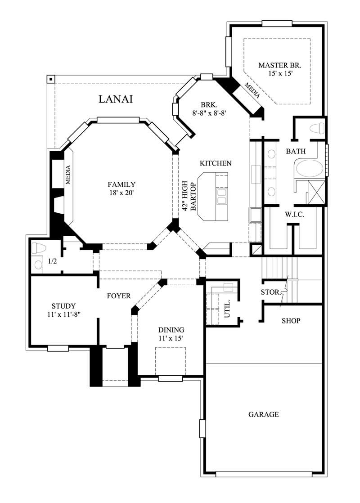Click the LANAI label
(x=116, y=99)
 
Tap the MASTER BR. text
(x=276, y=65)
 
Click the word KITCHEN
(x=216, y=163)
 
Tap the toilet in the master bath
(x=318, y=128)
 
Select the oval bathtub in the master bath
(x=309, y=169)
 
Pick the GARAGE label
(x=264, y=414)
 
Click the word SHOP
(x=291, y=321)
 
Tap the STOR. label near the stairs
(x=270, y=292)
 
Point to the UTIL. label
(x=227, y=308)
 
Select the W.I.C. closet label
(x=295, y=215)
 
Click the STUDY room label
(x=63, y=305)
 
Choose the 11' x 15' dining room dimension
(x=171, y=338)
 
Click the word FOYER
(x=119, y=296)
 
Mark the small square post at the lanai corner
(x=51, y=80)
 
